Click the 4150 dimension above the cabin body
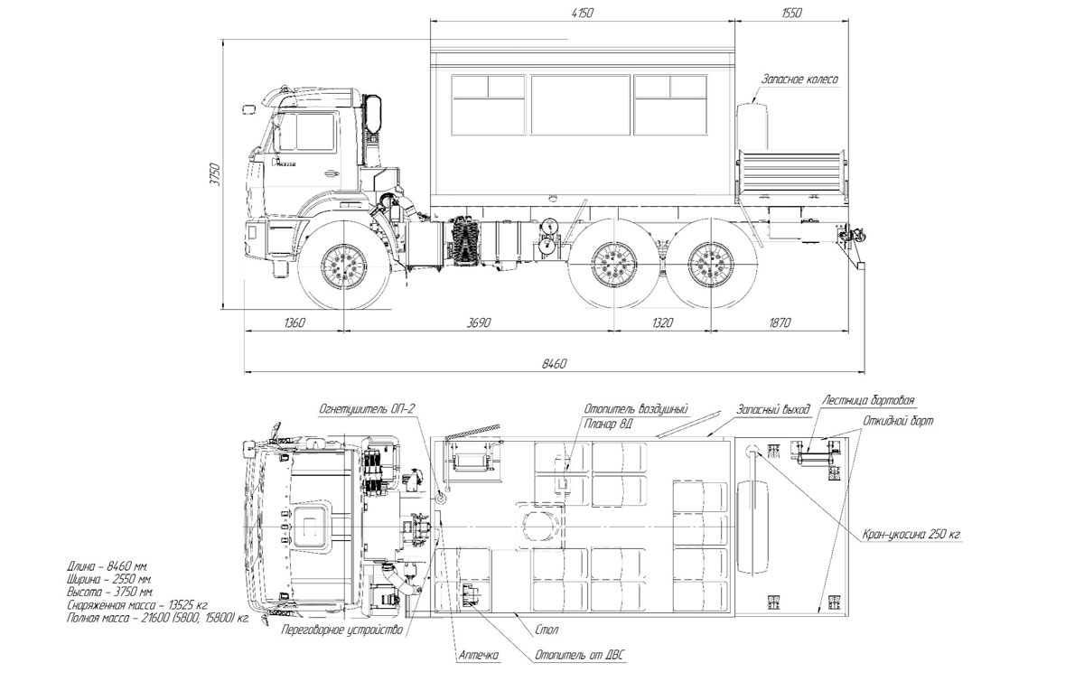(x=582, y=13)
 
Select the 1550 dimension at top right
(x=791, y=13)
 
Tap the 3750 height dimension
(x=215, y=174)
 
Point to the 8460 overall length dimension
(x=554, y=363)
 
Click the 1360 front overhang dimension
(x=294, y=322)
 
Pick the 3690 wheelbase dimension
(x=478, y=322)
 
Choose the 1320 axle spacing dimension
(x=661, y=322)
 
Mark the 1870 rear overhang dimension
(x=780, y=322)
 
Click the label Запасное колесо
(x=799, y=79)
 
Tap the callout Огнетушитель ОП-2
(x=367, y=409)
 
